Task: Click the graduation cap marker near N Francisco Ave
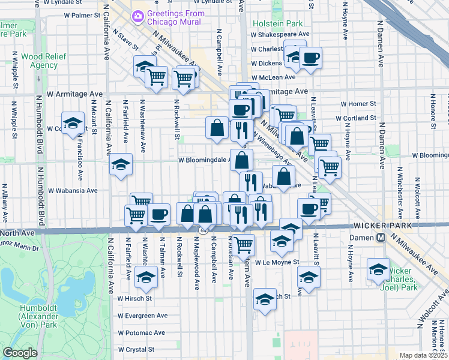tap(73, 124)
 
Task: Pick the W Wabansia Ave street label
tap(73, 190)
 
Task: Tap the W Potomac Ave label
tap(141, 332)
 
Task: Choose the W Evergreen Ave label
tap(143, 315)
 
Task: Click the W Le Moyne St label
tap(277, 262)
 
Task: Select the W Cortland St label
tap(357, 119)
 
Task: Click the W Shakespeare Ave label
tap(280, 34)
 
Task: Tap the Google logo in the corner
tap(20, 353)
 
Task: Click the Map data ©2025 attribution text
tap(423, 355)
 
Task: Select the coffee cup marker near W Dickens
tap(311, 59)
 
